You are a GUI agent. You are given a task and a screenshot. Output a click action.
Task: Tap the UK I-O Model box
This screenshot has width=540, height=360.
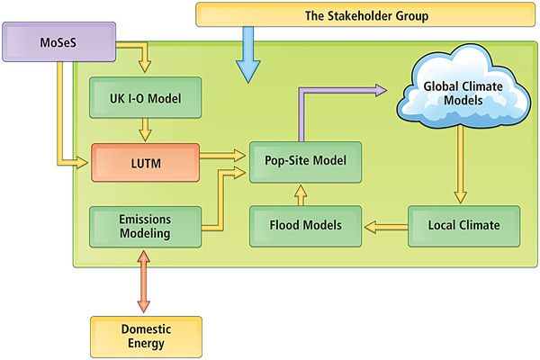143,97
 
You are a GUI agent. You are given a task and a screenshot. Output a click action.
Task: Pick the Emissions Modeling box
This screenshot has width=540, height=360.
143,224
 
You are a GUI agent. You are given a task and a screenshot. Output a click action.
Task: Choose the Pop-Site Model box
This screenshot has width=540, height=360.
306,161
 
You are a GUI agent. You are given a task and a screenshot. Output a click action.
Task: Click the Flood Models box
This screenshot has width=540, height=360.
306,224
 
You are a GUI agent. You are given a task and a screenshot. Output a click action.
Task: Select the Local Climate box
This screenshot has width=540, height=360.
464,224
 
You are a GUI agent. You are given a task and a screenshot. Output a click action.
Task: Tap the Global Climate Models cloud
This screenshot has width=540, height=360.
460,91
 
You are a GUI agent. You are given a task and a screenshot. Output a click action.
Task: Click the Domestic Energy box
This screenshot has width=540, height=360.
143,334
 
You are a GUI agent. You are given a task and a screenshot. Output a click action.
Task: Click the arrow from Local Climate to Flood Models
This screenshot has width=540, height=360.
385,225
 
